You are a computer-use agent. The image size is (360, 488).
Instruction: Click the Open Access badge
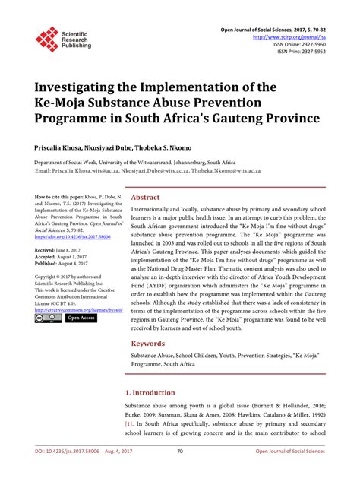tap(81, 318)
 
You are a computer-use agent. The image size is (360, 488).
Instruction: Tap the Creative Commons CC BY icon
tap(48, 318)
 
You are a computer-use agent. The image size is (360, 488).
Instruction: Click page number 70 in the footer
tap(180, 473)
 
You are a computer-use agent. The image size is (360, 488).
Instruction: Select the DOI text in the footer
tap(58, 473)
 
